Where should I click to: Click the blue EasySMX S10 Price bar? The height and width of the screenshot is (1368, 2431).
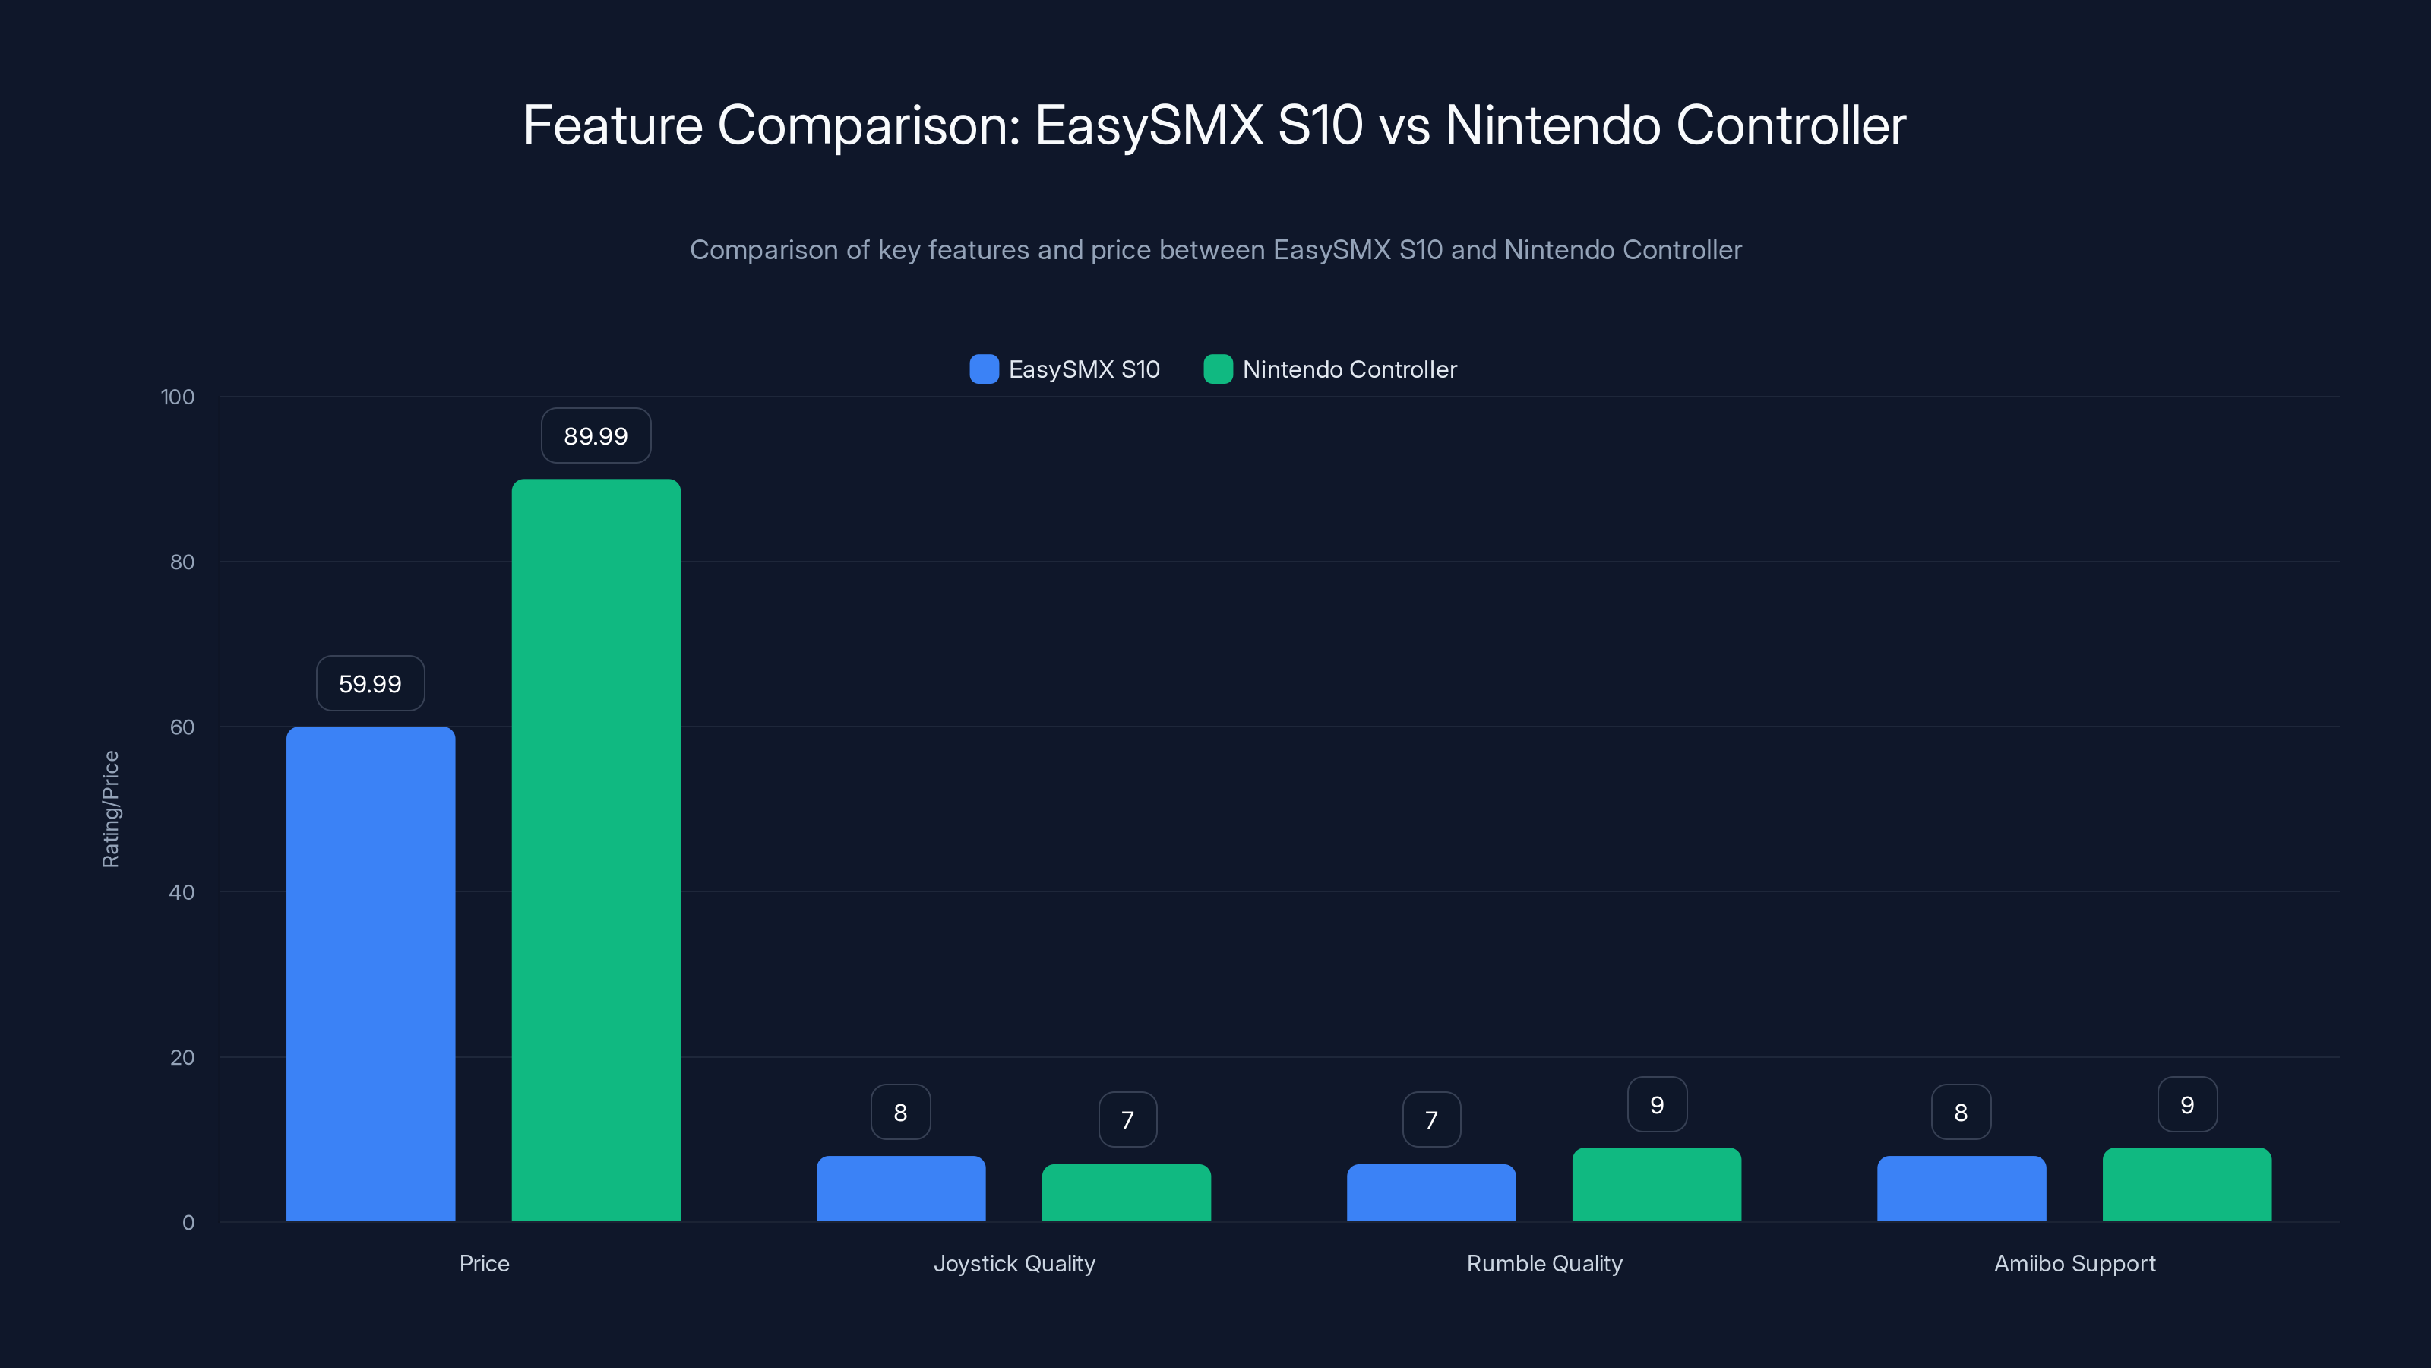(x=370, y=974)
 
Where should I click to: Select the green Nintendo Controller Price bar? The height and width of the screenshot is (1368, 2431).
(x=596, y=850)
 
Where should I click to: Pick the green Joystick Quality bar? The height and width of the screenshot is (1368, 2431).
(x=1126, y=1192)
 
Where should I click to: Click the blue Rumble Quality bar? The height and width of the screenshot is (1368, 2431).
(x=1430, y=1192)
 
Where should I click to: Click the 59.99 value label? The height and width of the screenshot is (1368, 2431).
(x=370, y=683)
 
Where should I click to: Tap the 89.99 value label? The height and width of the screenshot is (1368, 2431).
(x=596, y=436)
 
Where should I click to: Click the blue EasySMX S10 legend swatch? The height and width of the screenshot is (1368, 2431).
(x=983, y=369)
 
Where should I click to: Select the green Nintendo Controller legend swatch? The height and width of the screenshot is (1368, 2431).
(x=1217, y=369)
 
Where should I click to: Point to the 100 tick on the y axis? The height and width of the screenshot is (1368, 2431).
(x=178, y=397)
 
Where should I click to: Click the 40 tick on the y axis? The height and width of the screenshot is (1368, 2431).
(x=182, y=892)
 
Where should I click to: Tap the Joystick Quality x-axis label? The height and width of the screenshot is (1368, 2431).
(x=1013, y=1263)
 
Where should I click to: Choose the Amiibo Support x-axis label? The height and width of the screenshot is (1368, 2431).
(x=2074, y=1263)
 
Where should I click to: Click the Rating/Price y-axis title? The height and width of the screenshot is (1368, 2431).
(x=110, y=809)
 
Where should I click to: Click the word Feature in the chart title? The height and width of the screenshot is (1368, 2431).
(x=612, y=125)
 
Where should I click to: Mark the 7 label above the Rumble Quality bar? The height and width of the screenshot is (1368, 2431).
(x=1430, y=1119)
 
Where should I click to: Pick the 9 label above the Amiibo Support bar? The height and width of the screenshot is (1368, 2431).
(x=2186, y=1104)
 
